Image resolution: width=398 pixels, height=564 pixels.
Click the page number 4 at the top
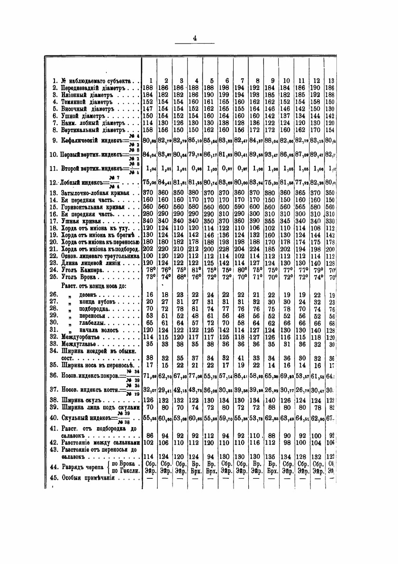(x=195, y=38)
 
